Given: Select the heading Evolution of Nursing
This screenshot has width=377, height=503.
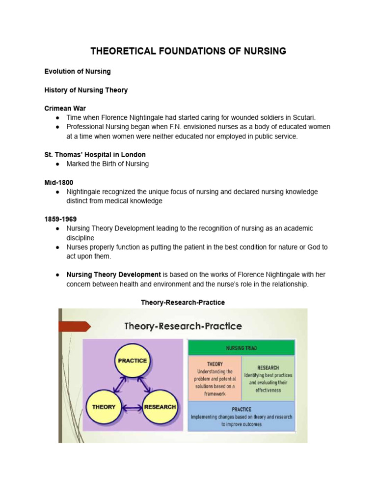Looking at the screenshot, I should pos(78,71).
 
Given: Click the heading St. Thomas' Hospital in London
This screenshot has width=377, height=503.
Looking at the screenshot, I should pos(95,154).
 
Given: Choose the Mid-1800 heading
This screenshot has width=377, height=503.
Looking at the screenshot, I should pos(59,182).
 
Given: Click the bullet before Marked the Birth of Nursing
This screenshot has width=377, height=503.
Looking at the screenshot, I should pos(57,164).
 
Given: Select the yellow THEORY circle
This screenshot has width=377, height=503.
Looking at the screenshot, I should pos(104,407).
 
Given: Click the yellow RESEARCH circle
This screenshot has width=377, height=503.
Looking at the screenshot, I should pos(160,407).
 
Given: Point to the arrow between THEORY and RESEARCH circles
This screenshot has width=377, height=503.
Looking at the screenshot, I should pos(132,407).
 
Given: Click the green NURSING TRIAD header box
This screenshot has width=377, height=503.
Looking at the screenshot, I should pos(242,348).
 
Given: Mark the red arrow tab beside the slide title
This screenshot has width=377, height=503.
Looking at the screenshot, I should pos(74,326).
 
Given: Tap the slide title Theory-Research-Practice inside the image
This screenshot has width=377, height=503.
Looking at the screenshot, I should pos(183,326).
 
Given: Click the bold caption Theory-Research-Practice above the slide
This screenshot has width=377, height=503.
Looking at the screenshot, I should pos(183,302).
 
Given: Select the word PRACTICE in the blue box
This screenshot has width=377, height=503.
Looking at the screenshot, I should pos(241,409).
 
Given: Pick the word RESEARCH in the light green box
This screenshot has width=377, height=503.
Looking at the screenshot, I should pos(268,367).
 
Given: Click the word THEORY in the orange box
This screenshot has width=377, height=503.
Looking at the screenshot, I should pos(215,364).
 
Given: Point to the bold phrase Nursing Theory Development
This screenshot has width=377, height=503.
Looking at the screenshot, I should pos(113,275).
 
